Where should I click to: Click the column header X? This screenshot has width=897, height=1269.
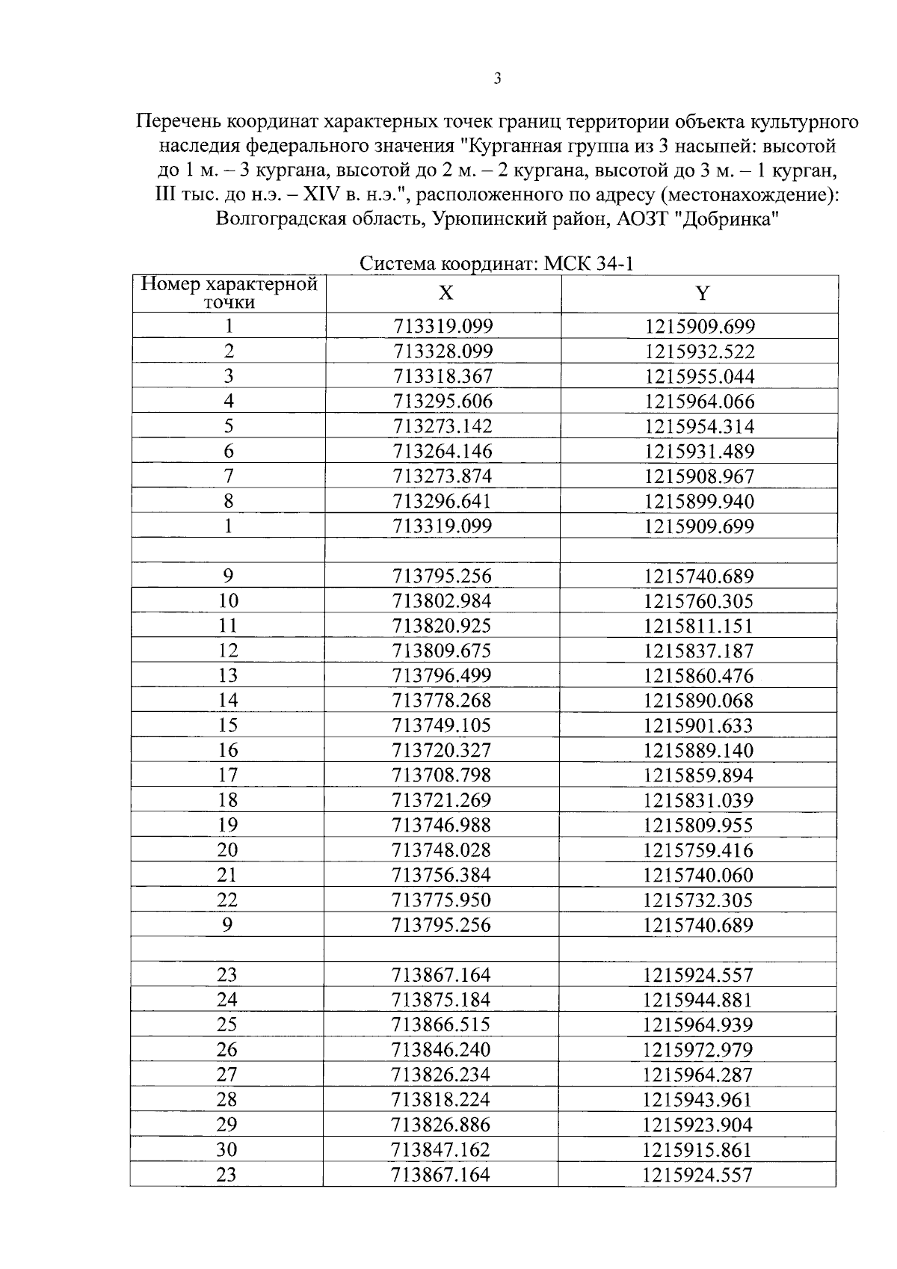pyautogui.click(x=445, y=293)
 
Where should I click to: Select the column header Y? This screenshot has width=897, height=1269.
pyautogui.click(x=701, y=293)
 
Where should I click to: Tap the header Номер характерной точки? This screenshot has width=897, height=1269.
pyautogui.click(x=229, y=293)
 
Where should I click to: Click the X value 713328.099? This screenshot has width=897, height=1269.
pyautogui.click(x=443, y=351)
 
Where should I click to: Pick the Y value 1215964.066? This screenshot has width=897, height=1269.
pyautogui.click(x=700, y=402)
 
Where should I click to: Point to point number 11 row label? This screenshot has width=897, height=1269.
pyautogui.click(x=228, y=626)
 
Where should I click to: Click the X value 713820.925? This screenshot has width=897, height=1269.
pyautogui.click(x=443, y=626)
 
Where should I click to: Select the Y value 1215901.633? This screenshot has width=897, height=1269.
pyautogui.click(x=700, y=725)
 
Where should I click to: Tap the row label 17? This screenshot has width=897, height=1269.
pyautogui.click(x=228, y=775)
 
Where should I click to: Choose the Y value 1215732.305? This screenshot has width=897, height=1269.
pyautogui.click(x=699, y=900)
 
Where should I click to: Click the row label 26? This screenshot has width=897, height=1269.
pyautogui.click(x=227, y=1050)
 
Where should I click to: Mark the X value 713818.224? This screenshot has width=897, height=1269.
pyautogui.click(x=441, y=1100)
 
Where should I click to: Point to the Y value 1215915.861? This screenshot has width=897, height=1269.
pyautogui.click(x=697, y=1150)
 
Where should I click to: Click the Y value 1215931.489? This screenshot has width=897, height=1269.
pyautogui.click(x=700, y=452)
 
